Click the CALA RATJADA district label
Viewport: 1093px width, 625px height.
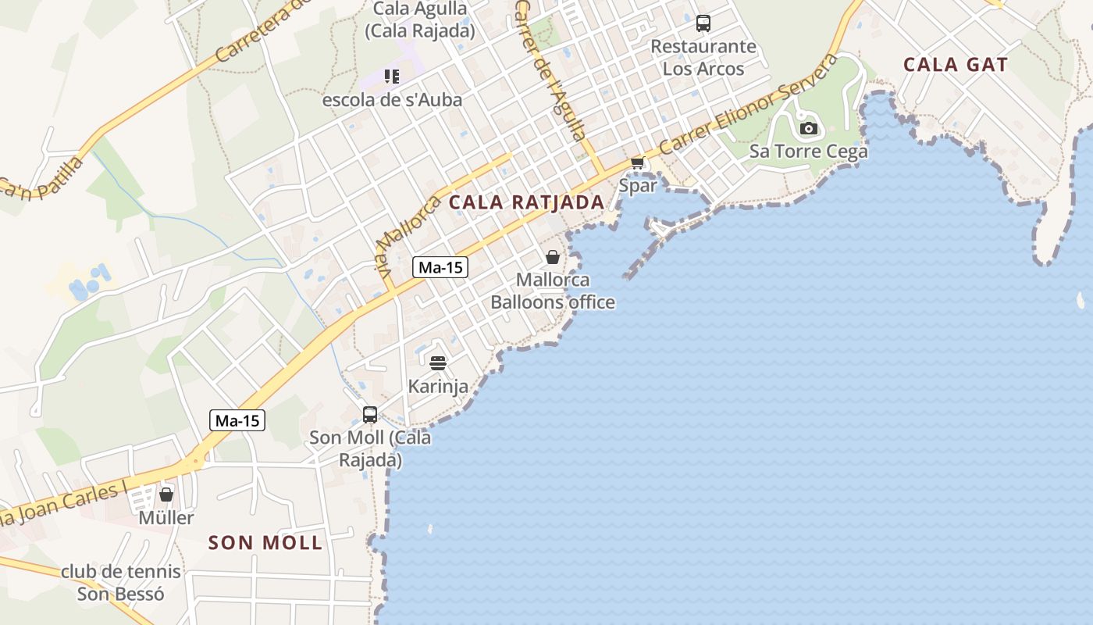click(526, 202)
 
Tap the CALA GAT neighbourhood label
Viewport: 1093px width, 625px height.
click(956, 65)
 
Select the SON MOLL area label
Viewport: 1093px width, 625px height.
click(265, 543)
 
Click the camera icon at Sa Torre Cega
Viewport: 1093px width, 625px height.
click(809, 128)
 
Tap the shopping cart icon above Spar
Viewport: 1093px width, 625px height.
click(638, 163)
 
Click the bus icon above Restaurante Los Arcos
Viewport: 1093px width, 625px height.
click(703, 23)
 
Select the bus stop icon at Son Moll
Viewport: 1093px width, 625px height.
click(370, 415)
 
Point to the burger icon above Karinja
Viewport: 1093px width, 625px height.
click(437, 363)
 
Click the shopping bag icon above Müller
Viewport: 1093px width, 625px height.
click(166, 495)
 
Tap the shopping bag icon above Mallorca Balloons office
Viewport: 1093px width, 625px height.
click(553, 257)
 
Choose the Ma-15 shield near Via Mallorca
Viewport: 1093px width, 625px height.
click(440, 267)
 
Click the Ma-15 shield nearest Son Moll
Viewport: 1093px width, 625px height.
click(238, 421)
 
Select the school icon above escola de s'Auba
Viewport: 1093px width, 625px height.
click(392, 77)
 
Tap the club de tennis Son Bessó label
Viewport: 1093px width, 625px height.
click(121, 583)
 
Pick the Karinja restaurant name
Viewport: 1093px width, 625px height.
click(438, 386)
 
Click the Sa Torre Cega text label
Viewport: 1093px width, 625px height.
click(809, 152)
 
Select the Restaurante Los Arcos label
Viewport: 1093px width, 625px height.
click(703, 57)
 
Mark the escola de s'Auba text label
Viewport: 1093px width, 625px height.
click(392, 100)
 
